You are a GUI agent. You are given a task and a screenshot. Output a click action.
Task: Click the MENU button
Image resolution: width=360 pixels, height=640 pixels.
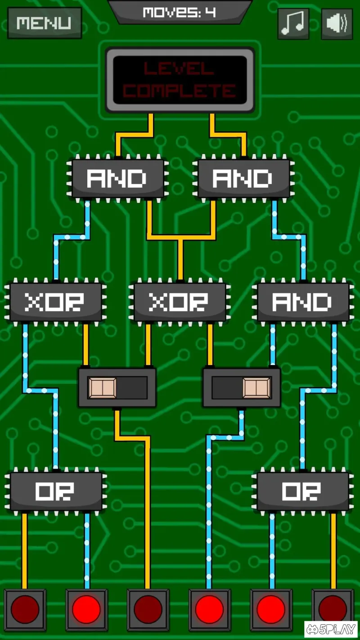click(44, 23)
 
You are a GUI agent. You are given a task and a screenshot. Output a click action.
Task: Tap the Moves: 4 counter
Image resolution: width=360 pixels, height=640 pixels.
click(180, 12)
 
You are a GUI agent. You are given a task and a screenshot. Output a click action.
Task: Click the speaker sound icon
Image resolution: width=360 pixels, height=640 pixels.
click(337, 23)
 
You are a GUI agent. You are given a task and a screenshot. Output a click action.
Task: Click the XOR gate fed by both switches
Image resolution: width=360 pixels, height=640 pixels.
click(180, 302)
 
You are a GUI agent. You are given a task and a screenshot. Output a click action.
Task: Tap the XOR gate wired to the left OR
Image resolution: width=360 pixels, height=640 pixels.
click(55, 302)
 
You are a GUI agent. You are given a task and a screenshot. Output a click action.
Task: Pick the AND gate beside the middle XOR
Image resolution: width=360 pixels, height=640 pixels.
click(303, 302)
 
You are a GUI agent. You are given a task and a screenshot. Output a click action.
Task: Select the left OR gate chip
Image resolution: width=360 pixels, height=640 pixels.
click(55, 491)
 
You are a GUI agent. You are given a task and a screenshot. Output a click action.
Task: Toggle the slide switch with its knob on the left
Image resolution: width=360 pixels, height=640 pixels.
click(117, 388)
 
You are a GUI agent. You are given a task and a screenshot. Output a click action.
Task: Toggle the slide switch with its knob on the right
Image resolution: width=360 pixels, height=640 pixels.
click(242, 388)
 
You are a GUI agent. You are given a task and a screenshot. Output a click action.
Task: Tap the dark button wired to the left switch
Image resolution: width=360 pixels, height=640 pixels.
click(148, 609)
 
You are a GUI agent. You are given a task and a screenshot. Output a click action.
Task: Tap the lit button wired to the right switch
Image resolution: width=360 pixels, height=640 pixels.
click(209, 609)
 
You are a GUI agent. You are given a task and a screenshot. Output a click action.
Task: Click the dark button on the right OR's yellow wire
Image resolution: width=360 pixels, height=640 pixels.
click(333, 609)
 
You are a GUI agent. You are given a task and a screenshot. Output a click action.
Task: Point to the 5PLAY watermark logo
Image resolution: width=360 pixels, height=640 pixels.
click(331, 630)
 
